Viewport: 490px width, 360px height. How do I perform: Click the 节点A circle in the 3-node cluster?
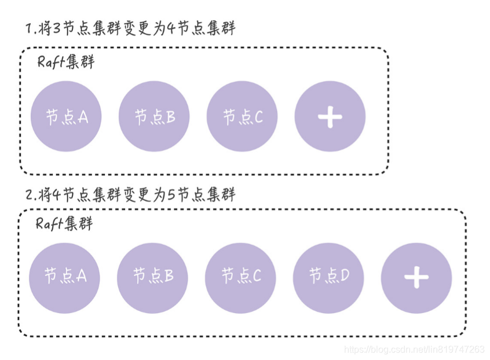tap(66, 116)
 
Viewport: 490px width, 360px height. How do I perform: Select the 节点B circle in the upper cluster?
tap(154, 116)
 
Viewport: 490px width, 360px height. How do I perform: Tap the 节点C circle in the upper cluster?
tap(242, 116)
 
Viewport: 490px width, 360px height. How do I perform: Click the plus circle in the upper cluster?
tap(330, 116)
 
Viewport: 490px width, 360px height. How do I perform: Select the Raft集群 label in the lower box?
tap(64, 224)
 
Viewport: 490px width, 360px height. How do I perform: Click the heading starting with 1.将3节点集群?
tap(131, 28)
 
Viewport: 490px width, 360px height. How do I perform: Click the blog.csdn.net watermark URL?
tap(414, 350)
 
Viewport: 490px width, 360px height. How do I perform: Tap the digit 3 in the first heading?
tap(56, 28)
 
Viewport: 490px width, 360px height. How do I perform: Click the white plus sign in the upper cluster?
tap(330, 117)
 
